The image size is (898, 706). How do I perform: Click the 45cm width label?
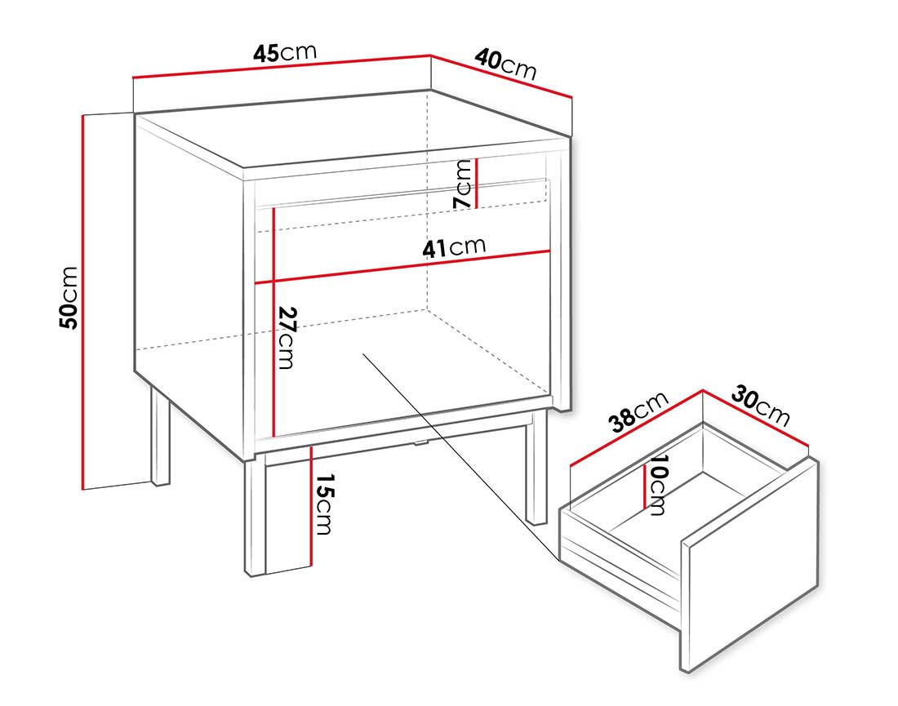point(284,54)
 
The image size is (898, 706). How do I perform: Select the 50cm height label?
point(69,297)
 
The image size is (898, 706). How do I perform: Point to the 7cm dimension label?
point(463,183)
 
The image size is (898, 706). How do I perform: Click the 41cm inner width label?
point(454,246)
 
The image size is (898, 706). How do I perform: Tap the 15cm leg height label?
point(324,504)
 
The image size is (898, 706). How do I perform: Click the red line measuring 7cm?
point(477,183)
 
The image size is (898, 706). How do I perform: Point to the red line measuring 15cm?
point(312,506)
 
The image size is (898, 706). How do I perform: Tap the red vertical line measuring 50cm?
point(83,302)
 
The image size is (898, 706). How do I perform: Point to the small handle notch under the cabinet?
point(420,443)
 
